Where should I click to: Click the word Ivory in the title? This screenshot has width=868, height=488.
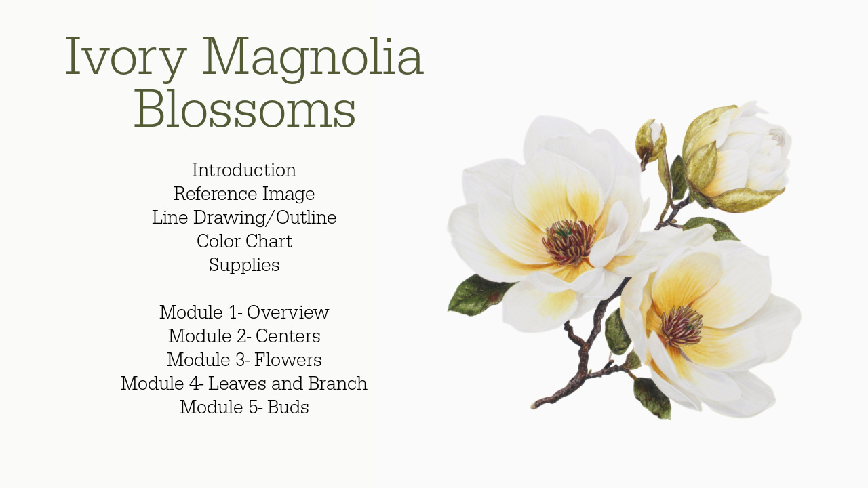click(126, 58)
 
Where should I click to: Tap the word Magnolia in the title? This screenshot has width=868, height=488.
click(313, 58)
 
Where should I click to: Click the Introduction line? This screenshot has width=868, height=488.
click(244, 170)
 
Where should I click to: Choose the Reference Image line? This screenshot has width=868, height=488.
click(244, 194)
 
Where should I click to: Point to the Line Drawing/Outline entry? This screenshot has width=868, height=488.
click(244, 218)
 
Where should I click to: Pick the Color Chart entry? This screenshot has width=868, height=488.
click(244, 241)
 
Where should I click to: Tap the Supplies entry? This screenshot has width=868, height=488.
click(244, 266)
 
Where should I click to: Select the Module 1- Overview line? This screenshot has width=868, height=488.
click(244, 312)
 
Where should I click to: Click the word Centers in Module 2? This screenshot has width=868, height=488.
click(288, 336)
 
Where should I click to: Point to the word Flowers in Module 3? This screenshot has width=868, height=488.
click(288, 360)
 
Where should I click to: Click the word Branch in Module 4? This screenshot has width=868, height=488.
click(338, 384)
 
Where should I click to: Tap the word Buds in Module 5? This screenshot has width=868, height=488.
click(288, 407)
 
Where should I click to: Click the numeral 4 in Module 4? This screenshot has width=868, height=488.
click(195, 384)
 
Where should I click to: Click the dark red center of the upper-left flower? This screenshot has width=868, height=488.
click(569, 243)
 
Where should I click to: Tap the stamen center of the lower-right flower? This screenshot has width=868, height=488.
click(682, 326)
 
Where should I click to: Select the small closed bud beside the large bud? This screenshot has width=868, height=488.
click(650, 142)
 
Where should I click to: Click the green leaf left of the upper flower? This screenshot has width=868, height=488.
click(479, 295)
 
